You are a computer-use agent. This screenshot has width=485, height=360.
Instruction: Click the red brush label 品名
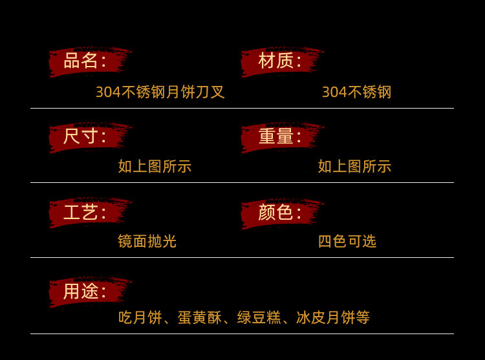click(x=84, y=61)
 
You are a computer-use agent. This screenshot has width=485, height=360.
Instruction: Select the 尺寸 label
click(x=84, y=137)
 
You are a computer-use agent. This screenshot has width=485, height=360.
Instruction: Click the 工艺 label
click(x=84, y=213)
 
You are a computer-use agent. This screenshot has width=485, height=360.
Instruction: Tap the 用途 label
click(x=84, y=292)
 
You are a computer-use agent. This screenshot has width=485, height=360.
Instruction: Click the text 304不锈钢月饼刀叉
click(x=160, y=92)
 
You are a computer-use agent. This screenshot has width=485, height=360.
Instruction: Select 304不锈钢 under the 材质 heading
click(x=356, y=92)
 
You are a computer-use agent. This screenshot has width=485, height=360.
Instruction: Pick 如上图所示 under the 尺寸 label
click(x=155, y=167)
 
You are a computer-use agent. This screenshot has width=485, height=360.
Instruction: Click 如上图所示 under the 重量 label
click(x=354, y=167)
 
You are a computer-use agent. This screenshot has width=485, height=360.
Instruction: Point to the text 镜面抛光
click(x=147, y=242)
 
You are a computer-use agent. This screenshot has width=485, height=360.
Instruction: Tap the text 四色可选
click(x=347, y=242)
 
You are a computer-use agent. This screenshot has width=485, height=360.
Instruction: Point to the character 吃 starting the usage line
click(x=125, y=318)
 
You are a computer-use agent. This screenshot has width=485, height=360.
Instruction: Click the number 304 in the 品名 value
click(x=108, y=92)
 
